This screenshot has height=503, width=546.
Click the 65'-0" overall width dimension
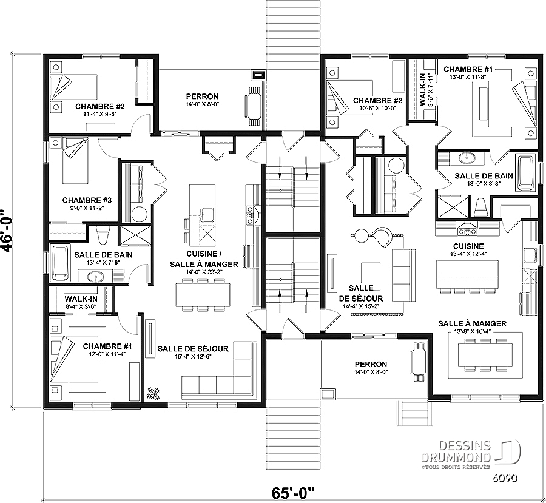[x=292, y=493]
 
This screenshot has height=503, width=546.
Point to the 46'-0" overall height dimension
[x=7, y=230]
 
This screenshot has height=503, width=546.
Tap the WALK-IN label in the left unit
[x=81, y=299]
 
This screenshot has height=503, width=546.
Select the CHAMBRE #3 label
[x=87, y=200]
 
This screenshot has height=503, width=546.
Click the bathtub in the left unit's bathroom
[x=61, y=263]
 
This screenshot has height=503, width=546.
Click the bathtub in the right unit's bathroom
[x=526, y=173]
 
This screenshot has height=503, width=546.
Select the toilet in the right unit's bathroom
[x=482, y=207]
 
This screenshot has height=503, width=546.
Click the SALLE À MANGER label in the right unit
[x=472, y=323]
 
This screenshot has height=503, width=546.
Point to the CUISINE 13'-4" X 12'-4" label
[x=468, y=250]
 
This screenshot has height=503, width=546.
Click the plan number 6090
[x=505, y=478]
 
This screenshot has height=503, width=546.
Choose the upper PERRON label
[x=202, y=96]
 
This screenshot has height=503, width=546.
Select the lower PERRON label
[x=371, y=365]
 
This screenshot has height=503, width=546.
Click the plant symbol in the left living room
[x=153, y=393]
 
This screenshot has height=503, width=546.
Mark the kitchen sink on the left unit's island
[x=207, y=214]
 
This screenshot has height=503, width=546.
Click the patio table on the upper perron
[x=253, y=104]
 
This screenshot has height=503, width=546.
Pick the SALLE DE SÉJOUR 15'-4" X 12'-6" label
[x=193, y=352]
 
